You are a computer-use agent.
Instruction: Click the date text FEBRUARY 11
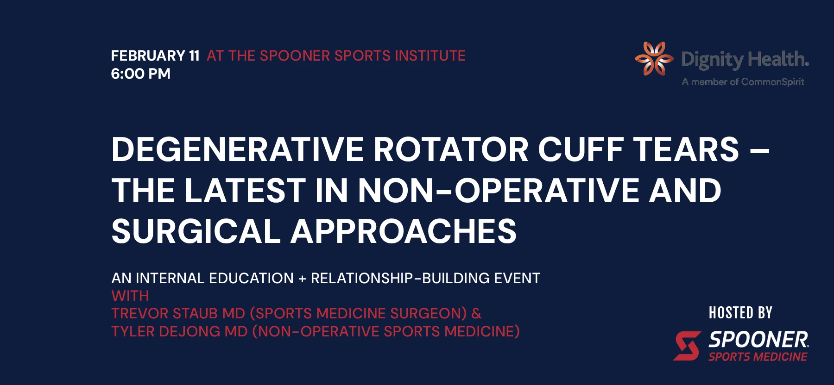(155, 56)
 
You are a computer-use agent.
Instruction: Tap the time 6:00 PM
(140, 74)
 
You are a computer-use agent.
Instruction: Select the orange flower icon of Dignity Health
(653, 59)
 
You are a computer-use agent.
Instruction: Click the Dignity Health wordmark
(745, 59)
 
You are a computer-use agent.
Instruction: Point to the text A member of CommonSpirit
(743, 82)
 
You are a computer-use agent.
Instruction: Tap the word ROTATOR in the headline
(451, 149)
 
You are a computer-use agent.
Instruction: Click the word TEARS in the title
(686, 149)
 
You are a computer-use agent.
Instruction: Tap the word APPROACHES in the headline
(403, 231)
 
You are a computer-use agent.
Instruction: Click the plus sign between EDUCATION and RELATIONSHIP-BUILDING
(302, 279)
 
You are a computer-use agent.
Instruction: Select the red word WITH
(130, 296)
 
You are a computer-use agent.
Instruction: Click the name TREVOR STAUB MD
(178, 314)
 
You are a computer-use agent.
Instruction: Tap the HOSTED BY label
(740, 313)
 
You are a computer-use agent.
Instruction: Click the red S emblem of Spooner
(687, 346)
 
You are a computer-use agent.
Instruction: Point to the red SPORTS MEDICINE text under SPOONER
(758, 357)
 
